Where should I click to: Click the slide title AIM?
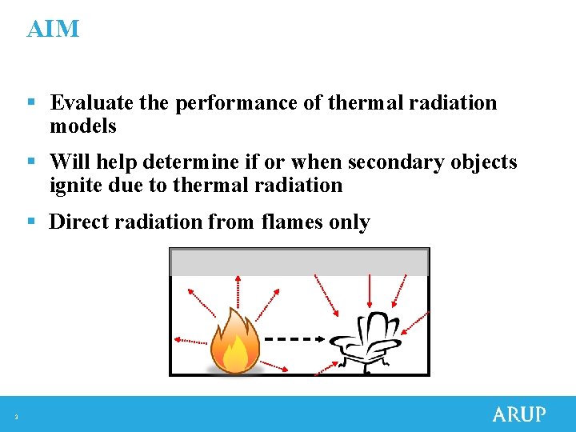click(53, 30)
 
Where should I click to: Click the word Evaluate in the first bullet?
click(91, 103)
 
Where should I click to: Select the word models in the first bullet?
click(83, 126)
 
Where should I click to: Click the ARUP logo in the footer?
click(518, 414)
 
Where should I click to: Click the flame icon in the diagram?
click(234, 342)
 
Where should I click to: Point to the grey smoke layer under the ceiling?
click(299, 262)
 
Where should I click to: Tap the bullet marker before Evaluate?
click(30, 103)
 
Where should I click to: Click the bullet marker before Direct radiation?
click(30, 222)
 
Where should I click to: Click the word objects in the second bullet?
click(484, 162)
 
